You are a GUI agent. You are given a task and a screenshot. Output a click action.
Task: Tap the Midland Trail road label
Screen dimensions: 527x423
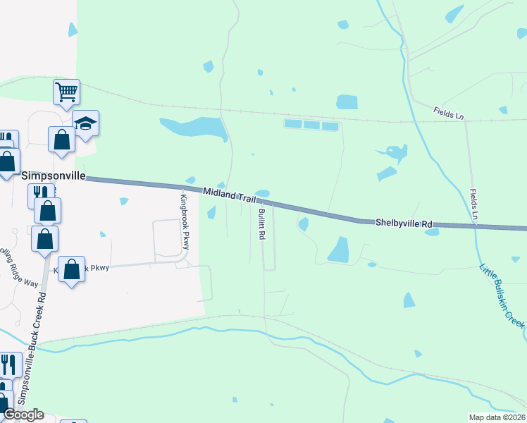[x=229, y=196]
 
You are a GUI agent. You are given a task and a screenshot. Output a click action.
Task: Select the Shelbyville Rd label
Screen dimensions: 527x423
[x=402, y=223]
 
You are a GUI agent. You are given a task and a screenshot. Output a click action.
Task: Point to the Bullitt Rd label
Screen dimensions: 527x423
[x=261, y=225]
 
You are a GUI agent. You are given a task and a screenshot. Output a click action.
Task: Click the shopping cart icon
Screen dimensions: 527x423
[x=66, y=91]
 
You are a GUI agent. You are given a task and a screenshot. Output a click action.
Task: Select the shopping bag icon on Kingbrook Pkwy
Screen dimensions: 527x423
[x=71, y=269]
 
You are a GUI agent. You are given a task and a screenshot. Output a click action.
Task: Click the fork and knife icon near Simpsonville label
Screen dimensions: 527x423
[x=39, y=192]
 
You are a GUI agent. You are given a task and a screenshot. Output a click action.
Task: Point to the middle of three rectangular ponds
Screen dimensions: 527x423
[x=311, y=125]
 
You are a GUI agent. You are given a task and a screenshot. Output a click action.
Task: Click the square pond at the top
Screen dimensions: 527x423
[x=347, y=102]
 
